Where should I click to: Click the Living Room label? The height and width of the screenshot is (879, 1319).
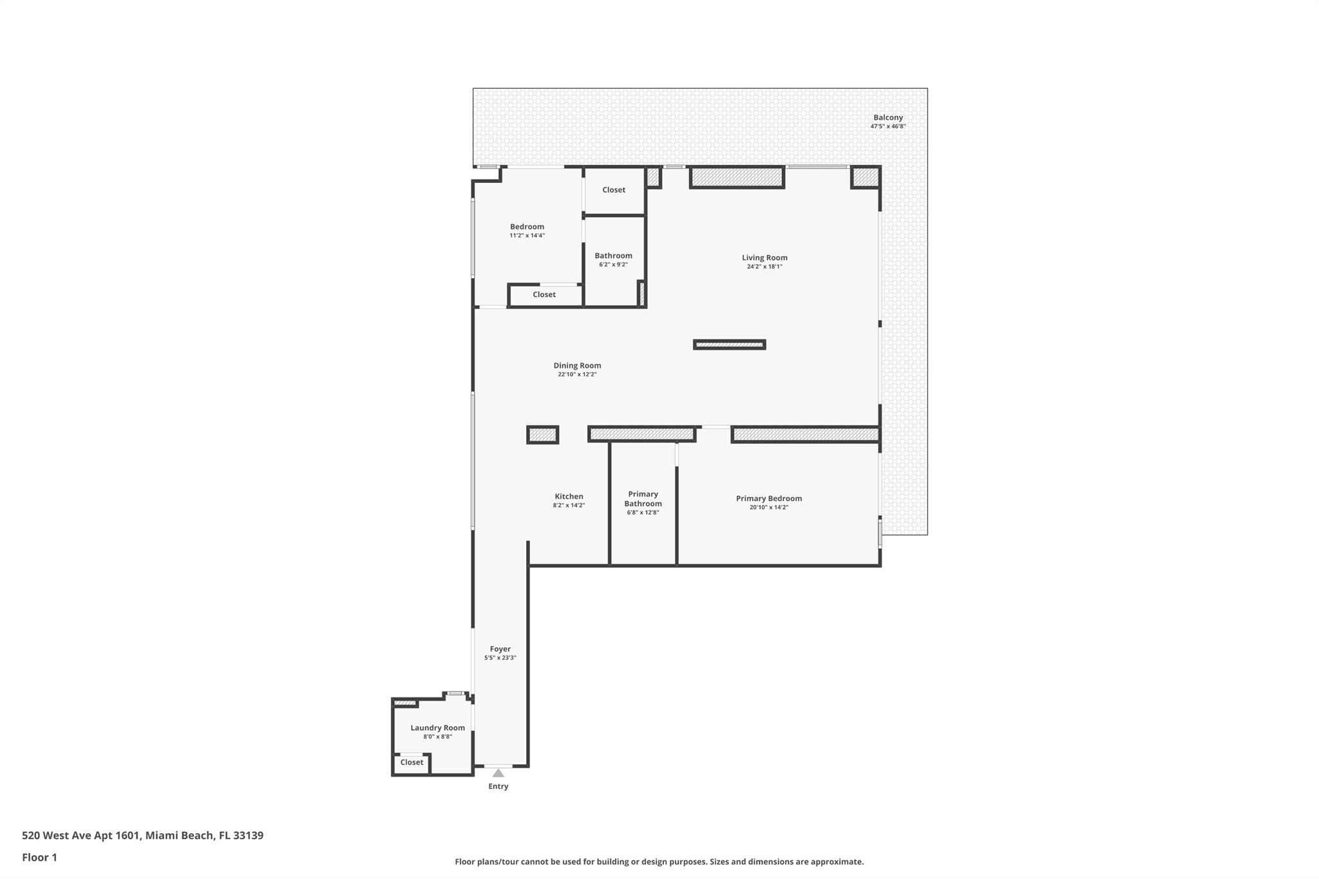(x=764, y=258)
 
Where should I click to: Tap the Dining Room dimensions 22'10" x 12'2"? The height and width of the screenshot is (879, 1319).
(x=577, y=374)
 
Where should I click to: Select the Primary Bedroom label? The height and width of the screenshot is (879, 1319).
(x=768, y=498)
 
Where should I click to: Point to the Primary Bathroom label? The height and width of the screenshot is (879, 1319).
(x=643, y=499)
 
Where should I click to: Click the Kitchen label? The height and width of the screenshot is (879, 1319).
(x=569, y=496)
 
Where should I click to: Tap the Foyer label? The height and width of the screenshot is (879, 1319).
(x=500, y=649)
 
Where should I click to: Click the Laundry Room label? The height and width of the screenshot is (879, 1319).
(x=437, y=728)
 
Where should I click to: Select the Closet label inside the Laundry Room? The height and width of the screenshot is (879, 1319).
(x=412, y=762)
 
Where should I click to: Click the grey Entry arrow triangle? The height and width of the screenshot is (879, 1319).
(x=498, y=773)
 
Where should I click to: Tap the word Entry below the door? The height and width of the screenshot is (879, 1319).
(x=498, y=786)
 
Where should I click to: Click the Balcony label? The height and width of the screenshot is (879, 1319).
(x=887, y=118)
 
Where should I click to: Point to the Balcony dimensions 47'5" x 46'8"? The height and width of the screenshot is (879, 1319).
(x=887, y=126)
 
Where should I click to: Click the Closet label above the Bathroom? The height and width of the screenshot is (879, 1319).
(x=613, y=190)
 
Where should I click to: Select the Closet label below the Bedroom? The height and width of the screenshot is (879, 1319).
(x=544, y=294)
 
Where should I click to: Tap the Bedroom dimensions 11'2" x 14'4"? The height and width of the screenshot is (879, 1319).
(x=527, y=236)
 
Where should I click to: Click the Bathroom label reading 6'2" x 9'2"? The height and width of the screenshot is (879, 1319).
(x=613, y=256)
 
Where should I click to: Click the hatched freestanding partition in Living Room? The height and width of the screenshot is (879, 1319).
(x=729, y=345)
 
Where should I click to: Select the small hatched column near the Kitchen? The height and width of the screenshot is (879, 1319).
(x=542, y=435)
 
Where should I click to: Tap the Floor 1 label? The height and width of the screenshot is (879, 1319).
(x=39, y=858)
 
